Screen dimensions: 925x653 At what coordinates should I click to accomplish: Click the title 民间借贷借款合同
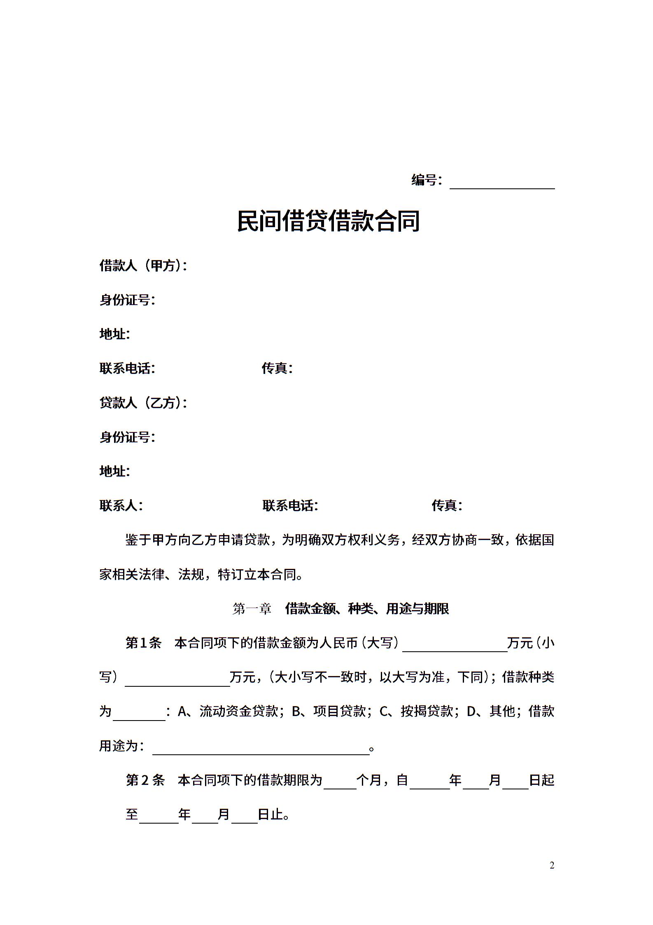pyautogui.click(x=328, y=221)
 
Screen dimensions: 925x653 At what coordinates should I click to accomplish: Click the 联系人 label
pyautogui.click(x=121, y=505)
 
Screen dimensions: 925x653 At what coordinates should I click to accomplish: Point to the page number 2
pyautogui.click(x=552, y=865)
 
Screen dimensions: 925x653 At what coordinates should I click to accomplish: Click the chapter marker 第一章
pyautogui.click(x=252, y=608)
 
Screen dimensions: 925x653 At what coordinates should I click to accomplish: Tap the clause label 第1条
pyautogui.click(x=143, y=643)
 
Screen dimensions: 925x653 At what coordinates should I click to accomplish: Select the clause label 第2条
pyautogui.click(x=145, y=780)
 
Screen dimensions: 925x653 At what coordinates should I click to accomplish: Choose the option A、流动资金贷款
pyautogui.click(x=227, y=711)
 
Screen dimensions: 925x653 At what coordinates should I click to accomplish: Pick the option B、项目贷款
pyautogui.click(x=329, y=711)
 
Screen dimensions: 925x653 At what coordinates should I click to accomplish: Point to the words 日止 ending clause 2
pyautogui.click(x=271, y=814)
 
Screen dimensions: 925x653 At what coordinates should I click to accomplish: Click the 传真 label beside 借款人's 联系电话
pyautogui.click(x=277, y=369)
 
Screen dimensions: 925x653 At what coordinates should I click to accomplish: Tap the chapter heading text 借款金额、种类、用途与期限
pyautogui.click(x=367, y=608)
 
